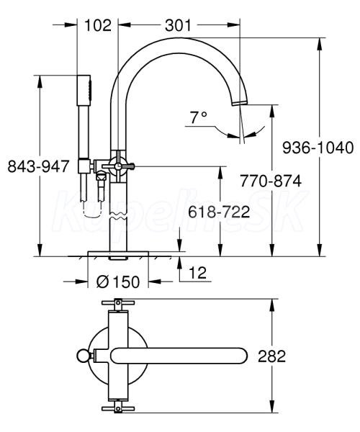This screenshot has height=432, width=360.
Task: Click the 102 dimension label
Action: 98,25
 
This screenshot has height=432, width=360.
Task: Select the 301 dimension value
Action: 178,25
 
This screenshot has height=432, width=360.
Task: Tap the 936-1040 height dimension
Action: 318,148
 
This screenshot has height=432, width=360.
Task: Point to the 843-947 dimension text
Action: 38,166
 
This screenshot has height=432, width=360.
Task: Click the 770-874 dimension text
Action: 271,181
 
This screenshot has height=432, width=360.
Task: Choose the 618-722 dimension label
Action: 219,212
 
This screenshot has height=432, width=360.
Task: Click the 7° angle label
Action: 198,118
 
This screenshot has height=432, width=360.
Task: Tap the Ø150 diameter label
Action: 118,282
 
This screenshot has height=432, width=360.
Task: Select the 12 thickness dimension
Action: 197,272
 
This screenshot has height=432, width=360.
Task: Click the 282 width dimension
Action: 271,356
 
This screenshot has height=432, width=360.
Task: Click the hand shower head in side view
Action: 84,90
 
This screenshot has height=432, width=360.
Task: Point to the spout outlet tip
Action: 239,102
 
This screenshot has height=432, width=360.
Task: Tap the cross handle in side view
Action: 118,166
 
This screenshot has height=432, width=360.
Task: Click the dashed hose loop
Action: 91,211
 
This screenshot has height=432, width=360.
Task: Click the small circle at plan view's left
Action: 83,356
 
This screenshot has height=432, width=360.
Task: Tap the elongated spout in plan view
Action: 179,356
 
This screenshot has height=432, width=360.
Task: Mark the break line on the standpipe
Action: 118,216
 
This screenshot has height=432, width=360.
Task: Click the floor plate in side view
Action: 118,253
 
